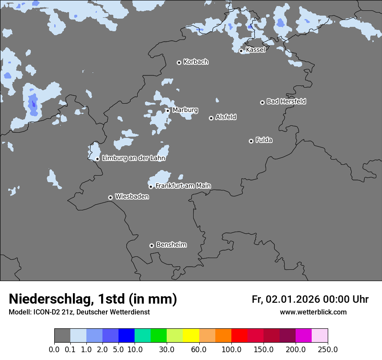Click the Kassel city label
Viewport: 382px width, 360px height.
pos(255,50)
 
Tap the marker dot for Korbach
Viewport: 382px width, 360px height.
pos(179,62)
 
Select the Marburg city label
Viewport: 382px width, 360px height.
pos(185,110)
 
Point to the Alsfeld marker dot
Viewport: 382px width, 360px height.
pos(211,118)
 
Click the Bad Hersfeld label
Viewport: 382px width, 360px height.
pos(286,101)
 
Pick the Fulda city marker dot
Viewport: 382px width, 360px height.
pos(251,141)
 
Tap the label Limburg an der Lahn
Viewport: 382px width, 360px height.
pos(133,158)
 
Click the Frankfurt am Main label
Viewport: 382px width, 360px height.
pos(183,186)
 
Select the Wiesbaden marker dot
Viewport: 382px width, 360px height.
pos(111,197)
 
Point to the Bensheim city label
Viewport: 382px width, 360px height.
pos(171,245)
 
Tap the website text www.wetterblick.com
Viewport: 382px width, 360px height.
pos(313,312)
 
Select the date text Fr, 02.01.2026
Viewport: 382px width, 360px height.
pos(285,299)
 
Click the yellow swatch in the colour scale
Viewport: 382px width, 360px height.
pos(191,336)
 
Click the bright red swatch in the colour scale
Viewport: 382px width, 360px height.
pos(239,336)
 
